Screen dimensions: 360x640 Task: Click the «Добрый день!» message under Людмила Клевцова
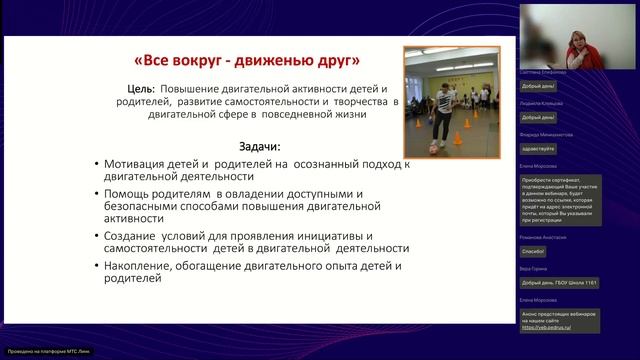pyautogui.click(x=540, y=118)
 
